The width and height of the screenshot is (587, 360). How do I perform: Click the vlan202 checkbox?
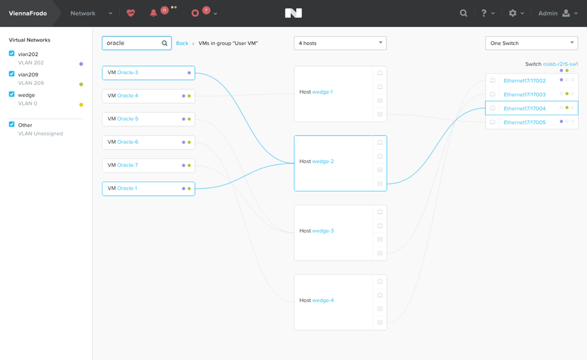pyautogui.click(x=12, y=54)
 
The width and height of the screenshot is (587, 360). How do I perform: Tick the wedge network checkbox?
pyautogui.click(x=12, y=95)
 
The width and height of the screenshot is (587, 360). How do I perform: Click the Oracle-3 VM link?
pyautogui.click(x=128, y=73)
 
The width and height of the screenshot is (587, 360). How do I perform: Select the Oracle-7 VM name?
pyautogui.click(x=128, y=166)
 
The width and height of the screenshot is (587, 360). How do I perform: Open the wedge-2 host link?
pyautogui.click(x=323, y=162)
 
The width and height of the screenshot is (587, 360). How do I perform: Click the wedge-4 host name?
pyautogui.click(x=323, y=300)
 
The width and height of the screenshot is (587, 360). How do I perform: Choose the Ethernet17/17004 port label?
pyautogui.click(x=524, y=109)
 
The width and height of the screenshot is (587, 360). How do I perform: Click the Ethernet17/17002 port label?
pyautogui.click(x=524, y=81)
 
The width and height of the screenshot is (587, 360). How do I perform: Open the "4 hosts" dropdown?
pyautogui.click(x=340, y=43)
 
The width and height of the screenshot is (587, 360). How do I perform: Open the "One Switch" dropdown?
pyautogui.click(x=531, y=43)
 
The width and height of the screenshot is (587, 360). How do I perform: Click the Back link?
pyautogui.click(x=182, y=43)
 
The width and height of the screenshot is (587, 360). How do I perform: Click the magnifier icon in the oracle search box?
pyautogui.click(x=164, y=43)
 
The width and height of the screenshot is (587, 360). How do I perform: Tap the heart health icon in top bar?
pyautogui.click(x=131, y=13)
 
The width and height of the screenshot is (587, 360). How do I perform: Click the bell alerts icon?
pyautogui.click(x=154, y=13)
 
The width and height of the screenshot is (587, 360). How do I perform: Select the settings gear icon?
pyautogui.click(x=512, y=13)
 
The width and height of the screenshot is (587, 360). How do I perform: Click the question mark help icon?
pyautogui.click(x=484, y=13)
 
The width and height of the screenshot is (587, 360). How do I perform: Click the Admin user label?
pyautogui.click(x=548, y=13)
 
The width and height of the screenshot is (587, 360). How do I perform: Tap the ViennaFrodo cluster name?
pyautogui.click(x=28, y=13)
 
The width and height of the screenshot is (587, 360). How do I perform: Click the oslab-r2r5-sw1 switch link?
pyautogui.click(x=560, y=64)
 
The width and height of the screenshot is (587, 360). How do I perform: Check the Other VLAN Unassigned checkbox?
pyautogui.click(x=12, y=125)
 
